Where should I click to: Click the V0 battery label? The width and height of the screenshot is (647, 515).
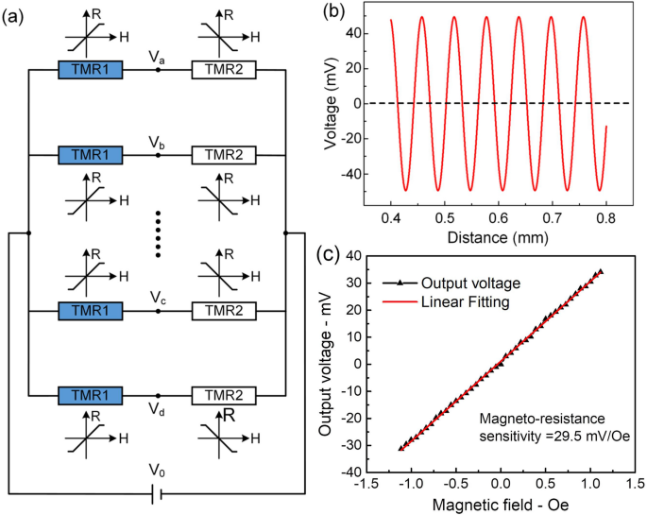click(157, 469)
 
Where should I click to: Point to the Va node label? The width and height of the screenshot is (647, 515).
click(158, 58)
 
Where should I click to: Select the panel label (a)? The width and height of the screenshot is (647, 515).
click(16, 13)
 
